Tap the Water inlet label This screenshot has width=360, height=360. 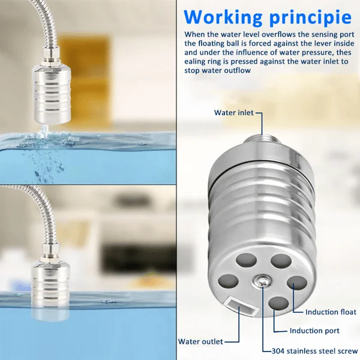tap(234, 113)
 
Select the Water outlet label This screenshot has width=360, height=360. tap(200, 341)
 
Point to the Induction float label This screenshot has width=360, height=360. tap(331, 312)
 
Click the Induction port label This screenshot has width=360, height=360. tap(314, 331)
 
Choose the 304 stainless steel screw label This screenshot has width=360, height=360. tap(310, 350)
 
